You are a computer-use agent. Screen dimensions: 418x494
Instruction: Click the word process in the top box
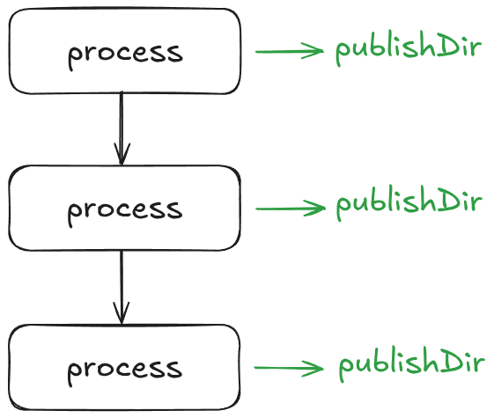tap(125, 52)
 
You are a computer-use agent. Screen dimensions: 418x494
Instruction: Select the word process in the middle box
tap(125, 209)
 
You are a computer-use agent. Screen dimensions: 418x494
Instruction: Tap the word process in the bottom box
tap(125, 368)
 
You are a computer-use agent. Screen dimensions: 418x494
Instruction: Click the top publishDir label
tap(408, 49)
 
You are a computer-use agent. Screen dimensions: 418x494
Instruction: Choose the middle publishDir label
tap(409, 204)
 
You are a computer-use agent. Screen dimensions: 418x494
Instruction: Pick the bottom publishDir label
tap(411, 364)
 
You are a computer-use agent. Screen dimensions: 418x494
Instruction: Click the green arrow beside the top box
tap(290, 51)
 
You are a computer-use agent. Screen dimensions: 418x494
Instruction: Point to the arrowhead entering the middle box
tap(122, 156)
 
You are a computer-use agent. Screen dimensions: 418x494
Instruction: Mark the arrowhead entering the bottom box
tap(122, 314)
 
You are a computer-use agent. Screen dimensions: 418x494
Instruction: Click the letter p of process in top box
tap(75, 55)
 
